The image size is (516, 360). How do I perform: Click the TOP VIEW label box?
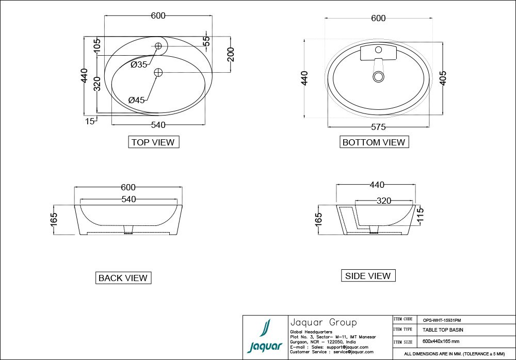tap(153, 142)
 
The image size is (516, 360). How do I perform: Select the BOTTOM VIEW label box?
tap(374, 142)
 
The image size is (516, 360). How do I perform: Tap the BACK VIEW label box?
tap(123, 277)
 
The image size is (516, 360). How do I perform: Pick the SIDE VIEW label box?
tap(368, 275)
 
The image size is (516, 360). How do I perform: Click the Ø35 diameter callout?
tap(138, 64)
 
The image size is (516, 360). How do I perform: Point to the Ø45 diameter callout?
tap(136, 100)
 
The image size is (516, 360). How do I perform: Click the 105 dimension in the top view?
tap(97, 45)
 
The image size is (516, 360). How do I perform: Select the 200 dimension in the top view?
tap(231, 54)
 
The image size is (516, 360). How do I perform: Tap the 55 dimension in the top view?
tap(206, 41)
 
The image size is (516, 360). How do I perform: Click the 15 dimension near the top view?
tap(89, 121)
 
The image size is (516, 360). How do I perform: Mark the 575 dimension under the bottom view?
tap(378, 127)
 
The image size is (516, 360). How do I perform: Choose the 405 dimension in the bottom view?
tap(443, 78)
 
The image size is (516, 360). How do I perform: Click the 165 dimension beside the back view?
tap(54, 220)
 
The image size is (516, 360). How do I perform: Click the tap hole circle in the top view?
tap(158, 46)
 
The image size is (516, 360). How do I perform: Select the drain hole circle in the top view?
tap(158, 72)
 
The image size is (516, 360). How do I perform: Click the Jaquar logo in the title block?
tap(265, 336)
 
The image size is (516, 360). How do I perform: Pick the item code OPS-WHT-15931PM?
tap(442, 320)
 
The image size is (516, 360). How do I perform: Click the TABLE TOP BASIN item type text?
tap(443, 330)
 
